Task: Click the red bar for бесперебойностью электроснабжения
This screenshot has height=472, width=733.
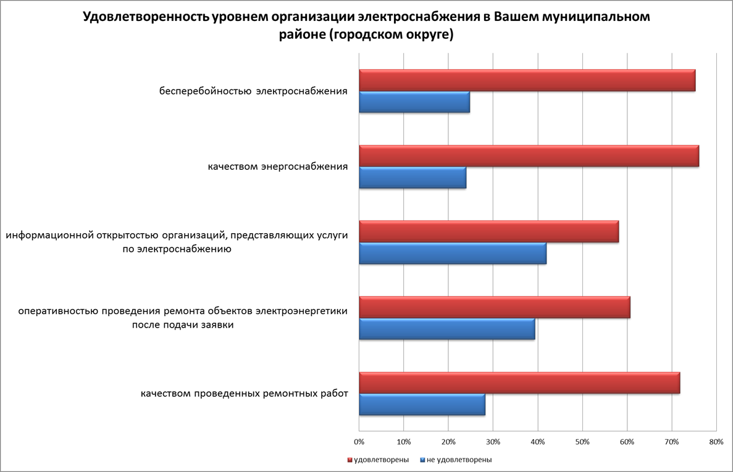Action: click(x=527, y=81)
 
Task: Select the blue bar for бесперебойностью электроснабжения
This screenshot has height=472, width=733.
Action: click(x=414, y=102)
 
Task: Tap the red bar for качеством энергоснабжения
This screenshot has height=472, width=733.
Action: click(x=529, y=156)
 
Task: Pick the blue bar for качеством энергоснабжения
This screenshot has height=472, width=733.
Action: click(x=412, y=178)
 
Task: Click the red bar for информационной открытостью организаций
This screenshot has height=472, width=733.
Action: click(x=488, y=231)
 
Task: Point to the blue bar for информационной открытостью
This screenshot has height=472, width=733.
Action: click(x=452, y=253)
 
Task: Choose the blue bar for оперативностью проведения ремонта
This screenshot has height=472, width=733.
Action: click(x=446, y=329)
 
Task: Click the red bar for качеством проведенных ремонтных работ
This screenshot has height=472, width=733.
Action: click(x=519, y=383)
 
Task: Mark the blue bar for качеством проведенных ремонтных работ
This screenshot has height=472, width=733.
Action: click(x=422, y=404)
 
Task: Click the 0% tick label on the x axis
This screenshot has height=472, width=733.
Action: click(x=359, y=442)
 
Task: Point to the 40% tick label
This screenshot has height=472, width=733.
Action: click(x=538, y=442)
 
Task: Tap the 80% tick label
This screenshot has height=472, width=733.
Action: click(x=716, y=442)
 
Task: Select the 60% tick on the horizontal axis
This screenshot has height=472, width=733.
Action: click(x=627, y=442)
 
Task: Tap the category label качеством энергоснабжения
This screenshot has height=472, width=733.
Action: click(x=278, y=167)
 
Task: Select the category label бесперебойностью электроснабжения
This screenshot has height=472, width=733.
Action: click(x=253, y=91)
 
